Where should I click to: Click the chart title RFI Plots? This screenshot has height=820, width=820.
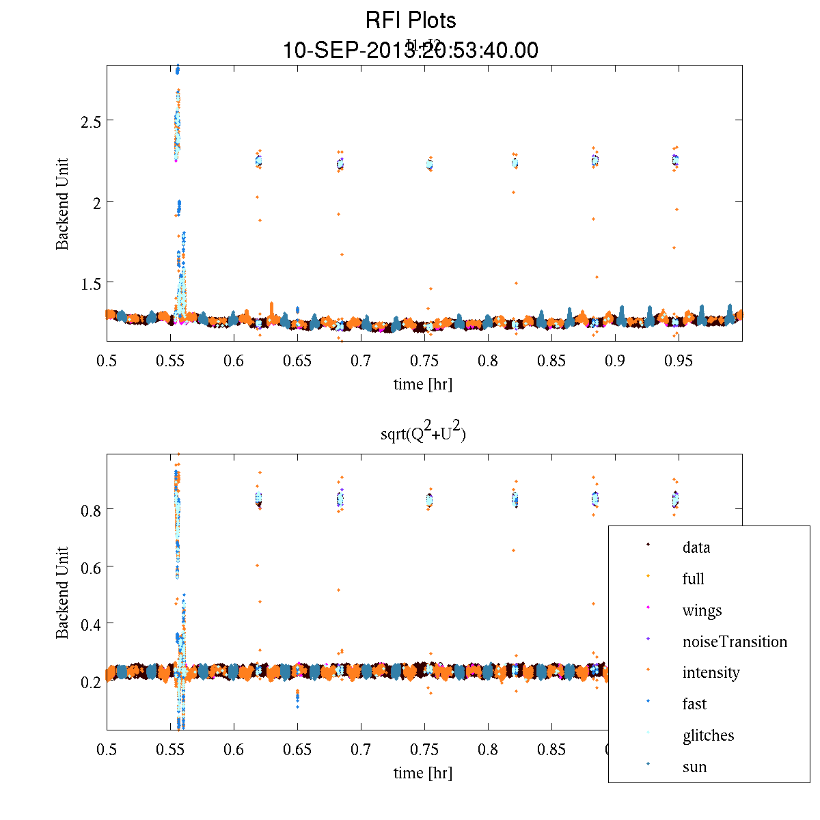411,20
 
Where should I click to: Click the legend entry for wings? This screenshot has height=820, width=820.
702,610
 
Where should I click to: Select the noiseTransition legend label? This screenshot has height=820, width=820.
735,642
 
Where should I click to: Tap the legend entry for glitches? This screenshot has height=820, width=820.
708,735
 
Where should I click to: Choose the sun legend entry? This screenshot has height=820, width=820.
694,767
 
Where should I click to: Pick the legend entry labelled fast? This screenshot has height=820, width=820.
694,704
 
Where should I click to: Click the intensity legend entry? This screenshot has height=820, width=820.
711,672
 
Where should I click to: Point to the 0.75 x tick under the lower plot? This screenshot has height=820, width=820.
424,750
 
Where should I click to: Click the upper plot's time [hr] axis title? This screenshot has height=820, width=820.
423,384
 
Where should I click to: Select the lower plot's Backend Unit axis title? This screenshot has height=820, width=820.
63,592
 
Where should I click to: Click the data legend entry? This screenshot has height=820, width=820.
696,547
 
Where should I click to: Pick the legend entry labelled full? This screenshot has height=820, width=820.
693,579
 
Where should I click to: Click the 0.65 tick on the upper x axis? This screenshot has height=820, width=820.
297,361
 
